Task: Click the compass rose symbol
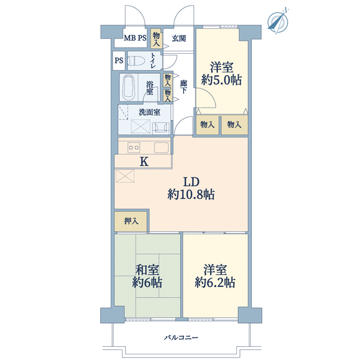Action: click(277, 21)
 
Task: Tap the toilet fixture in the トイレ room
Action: click(136, 61)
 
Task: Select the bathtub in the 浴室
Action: click(129, 87)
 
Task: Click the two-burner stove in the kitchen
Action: click(134, 147)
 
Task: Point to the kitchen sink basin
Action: click(161, 147)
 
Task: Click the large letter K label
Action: click(144, 162)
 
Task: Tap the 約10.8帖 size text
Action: click(191, 194)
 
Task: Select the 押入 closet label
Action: click(131, 221)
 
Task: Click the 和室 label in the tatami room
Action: click(147, 270)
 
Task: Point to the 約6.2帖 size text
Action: click(215, 282)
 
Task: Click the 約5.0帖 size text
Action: click(221, 80)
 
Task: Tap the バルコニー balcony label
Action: click(181, 337)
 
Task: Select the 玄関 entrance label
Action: click(179, 38)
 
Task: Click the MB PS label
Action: click(135, 38)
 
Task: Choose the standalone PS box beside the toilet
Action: click(119, 61)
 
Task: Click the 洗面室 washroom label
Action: click(149, 112)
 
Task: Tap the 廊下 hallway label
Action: click(183, 87)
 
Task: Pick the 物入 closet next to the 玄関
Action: click(156, 39)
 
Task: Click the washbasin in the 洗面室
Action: click(161, 127)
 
